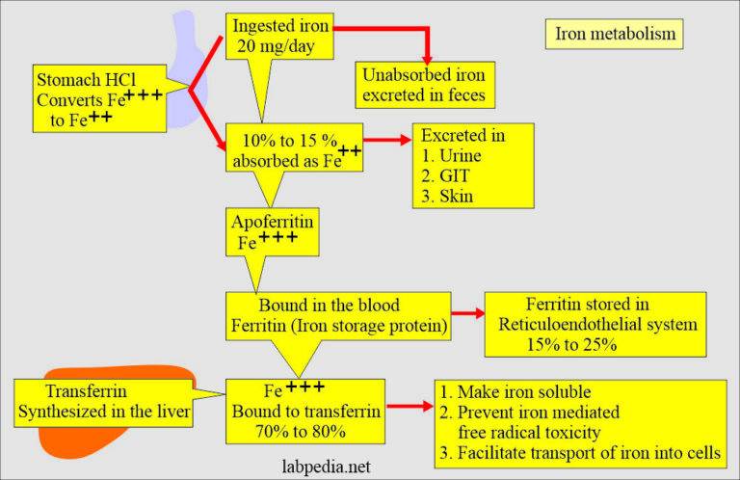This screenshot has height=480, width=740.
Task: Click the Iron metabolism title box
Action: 615,34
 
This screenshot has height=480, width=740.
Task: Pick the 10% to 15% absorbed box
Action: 294,147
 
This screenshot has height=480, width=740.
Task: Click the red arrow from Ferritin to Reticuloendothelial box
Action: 467,313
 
